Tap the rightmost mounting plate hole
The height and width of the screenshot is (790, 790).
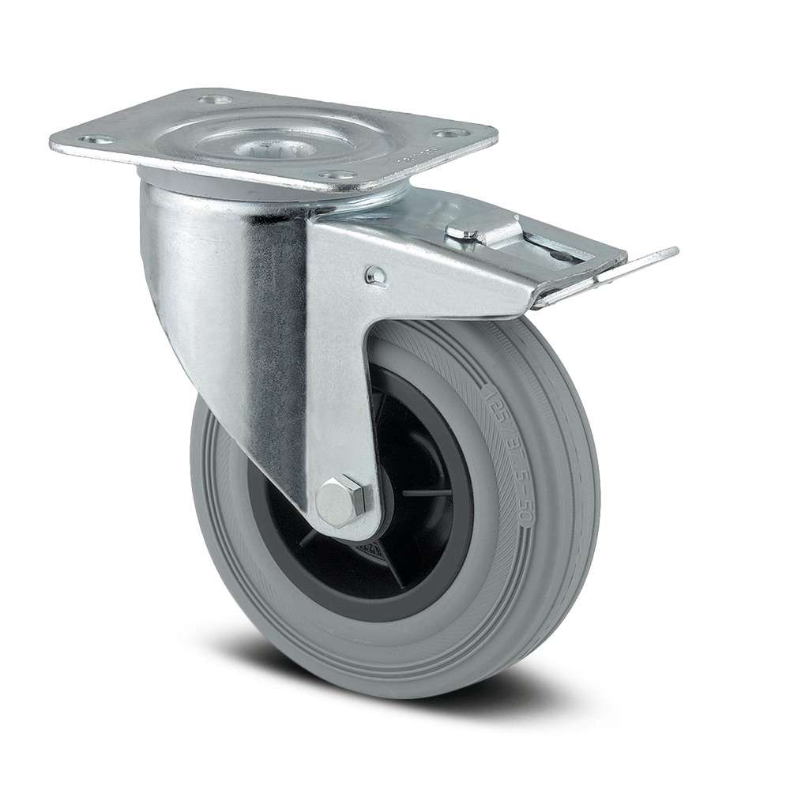coord(450,134)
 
